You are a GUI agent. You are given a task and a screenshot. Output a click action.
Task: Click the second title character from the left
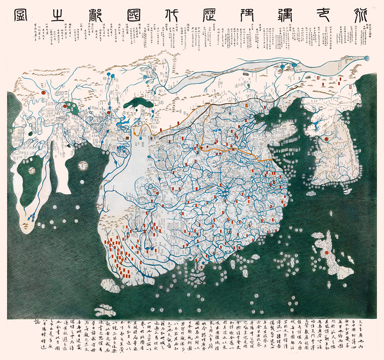(60, 13)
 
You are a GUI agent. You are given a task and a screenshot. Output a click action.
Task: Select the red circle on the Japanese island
(326, 252)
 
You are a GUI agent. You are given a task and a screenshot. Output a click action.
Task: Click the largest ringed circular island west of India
(83, 165)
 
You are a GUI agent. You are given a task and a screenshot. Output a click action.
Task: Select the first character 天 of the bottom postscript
(376, 323)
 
